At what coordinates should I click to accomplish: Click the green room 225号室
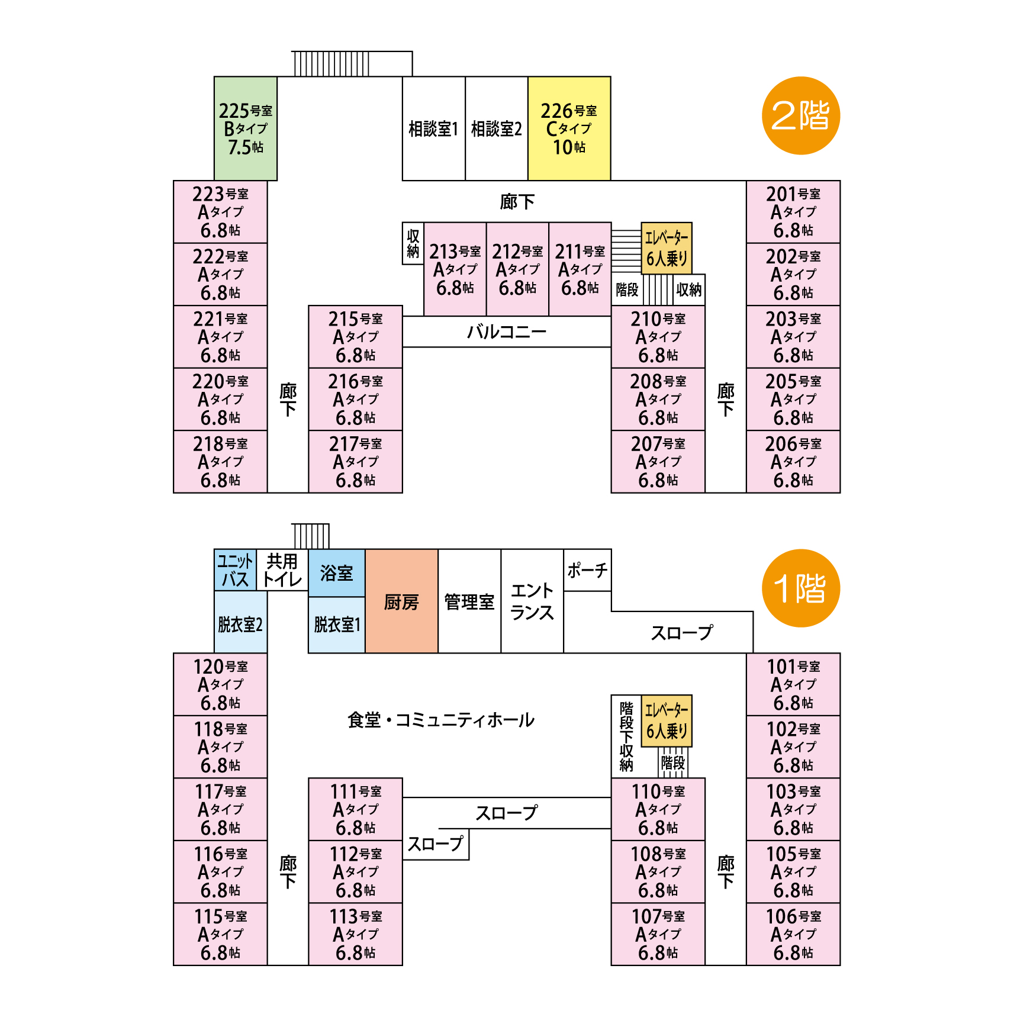click(x=246, y=128)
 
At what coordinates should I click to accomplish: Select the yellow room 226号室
click(x=569, y=128)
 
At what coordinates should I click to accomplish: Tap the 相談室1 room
click(x=433, y=128)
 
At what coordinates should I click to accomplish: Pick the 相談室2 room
click(x=496, y=128)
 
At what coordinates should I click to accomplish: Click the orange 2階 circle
click(x=800, y=115)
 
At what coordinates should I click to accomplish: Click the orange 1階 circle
click(x=800, y=588)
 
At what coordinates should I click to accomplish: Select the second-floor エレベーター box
click(x=666, y=248)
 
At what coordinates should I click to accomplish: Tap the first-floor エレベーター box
click(x=666, y=720)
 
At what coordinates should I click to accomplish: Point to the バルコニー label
click(x=506, y=332)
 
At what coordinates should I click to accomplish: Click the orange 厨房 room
click(x=401, y=601)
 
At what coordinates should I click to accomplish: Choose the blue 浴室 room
click(x=336, y=573)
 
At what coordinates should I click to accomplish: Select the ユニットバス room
click(x=235, y=569)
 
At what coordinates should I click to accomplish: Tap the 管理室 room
click(x=469, y=601)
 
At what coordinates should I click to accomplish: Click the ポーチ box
click(x=587, y=570)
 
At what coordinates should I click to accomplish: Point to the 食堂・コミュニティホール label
click(x=441, y=720)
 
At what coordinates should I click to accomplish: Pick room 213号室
click(x=455, y=269)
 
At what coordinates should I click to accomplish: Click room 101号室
click(x=793, y=684)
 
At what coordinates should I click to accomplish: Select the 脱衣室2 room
click(x=240, y=624)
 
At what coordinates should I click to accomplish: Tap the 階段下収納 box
click(x=626, y=736)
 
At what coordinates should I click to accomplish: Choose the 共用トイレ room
click(x=282, y=569)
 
